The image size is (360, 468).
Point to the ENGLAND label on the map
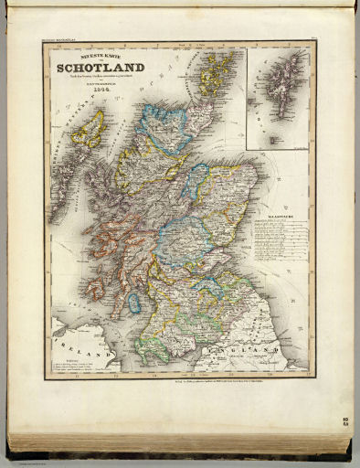[236, 349]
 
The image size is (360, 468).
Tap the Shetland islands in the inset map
[281, 91]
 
